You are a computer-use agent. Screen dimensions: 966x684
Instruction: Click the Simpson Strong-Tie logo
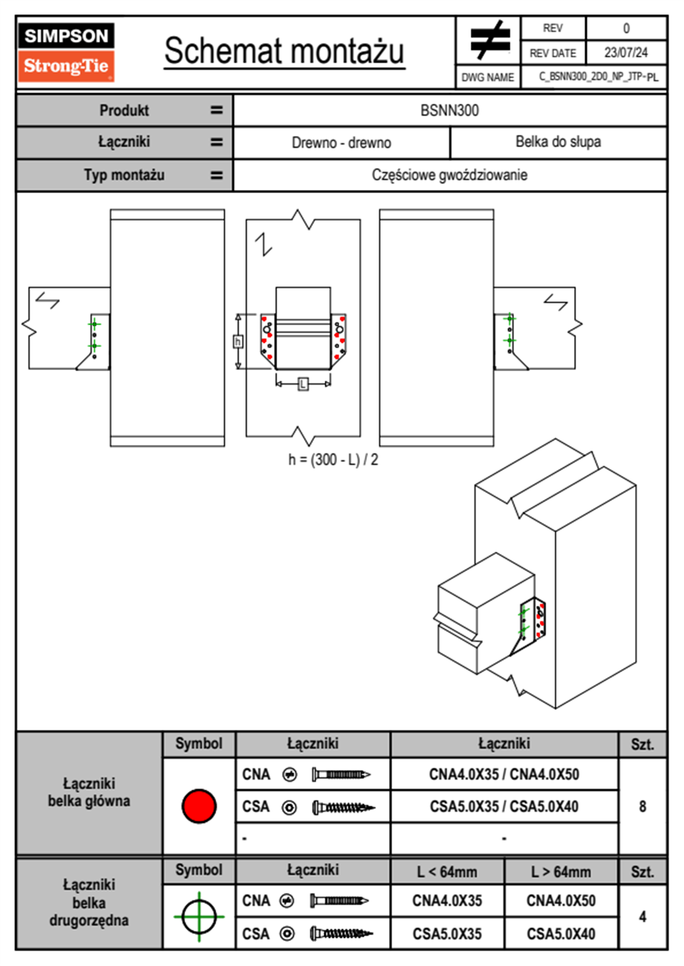click(x=66, y=52)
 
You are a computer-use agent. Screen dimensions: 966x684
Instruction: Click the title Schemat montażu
click(x=285, y=51)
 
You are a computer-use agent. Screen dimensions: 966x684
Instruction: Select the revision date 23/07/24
click(x=625, y=53)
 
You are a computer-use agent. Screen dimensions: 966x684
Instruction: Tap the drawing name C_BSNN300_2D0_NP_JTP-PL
click(x=598, y=77)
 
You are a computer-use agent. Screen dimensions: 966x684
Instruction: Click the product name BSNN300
click(x=449, y=110)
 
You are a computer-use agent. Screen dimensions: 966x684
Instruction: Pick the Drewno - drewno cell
click(x=341, y=142)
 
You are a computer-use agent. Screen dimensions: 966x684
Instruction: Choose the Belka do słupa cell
click(x=558, y=142)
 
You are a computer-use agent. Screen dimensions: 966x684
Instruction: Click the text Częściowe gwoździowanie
click(x=449, y=175)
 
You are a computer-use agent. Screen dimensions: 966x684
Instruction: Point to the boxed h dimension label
click(x=238, y=342)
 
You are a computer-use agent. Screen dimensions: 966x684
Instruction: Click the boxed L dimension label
click(x=303, y=384)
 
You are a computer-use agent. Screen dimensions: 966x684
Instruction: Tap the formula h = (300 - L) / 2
click(x=333, y=459)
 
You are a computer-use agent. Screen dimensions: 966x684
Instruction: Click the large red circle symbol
click(x=199, y=806)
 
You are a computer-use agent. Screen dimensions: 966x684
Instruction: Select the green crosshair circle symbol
click(x=199, y=917)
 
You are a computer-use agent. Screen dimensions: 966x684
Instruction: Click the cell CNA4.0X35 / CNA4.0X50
click(x=504, y=774)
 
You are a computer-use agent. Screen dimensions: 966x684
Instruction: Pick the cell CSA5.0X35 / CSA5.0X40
click(x=504, y=806)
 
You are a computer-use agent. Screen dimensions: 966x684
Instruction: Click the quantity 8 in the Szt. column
click(x=643, y=806)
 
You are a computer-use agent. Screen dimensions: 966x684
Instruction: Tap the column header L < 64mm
click(x=447, y=872)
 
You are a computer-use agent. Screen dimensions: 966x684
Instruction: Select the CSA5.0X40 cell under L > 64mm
click(x=561, y=934)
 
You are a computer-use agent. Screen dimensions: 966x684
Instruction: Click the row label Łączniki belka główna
click(x=89, y=793)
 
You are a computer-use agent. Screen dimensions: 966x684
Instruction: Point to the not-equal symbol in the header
click(x=490, y=40)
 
